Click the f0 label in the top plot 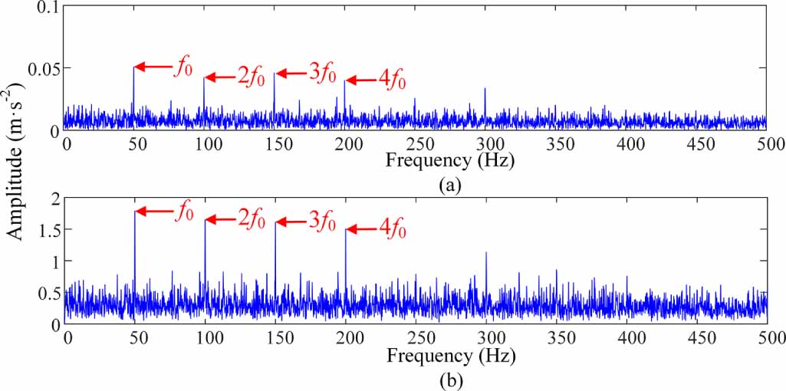coord(182,67)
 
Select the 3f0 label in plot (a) coord(322,74)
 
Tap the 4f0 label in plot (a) coord(391,80)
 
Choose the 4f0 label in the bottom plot coord(391,228)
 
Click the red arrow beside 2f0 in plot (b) coord(221,221)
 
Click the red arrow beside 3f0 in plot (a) coord(291,74)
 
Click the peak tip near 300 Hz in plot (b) coord(485,252)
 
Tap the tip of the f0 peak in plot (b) coord(135,211)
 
